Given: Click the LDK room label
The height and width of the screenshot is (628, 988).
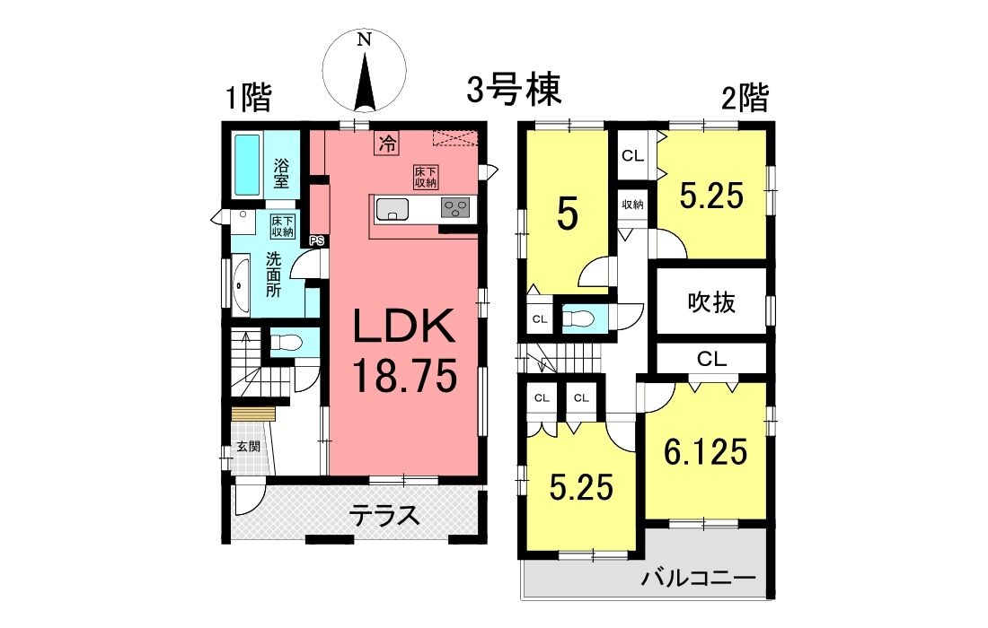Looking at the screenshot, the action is [x=404, y=326].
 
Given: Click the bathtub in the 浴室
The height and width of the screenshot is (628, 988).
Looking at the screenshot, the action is [x=248, y=164].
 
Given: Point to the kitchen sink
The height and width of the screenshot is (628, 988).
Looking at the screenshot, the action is [x=393, y=209].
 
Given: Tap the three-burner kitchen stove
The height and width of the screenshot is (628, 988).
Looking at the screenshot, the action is [x=455, y=208].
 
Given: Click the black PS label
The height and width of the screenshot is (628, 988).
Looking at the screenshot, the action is [x=317, y=240].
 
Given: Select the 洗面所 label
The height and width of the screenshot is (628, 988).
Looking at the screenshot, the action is [x=273, y=275].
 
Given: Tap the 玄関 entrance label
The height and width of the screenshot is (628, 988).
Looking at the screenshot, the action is [x=248, y=447].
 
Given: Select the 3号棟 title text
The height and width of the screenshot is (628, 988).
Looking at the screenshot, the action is [x=514, y=90].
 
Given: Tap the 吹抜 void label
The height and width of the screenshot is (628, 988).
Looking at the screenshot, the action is [x=711, y=302].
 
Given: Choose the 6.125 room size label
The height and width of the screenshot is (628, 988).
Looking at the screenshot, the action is [x=706, y=451].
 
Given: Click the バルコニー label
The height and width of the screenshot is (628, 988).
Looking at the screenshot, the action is [x=699, y=577].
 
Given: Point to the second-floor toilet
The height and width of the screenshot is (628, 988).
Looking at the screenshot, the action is [x=578, y=318].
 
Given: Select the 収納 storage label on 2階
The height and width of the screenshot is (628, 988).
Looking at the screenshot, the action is [x=632, y=205].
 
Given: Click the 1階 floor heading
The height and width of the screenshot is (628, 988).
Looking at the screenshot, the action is [x=248, y=98].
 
